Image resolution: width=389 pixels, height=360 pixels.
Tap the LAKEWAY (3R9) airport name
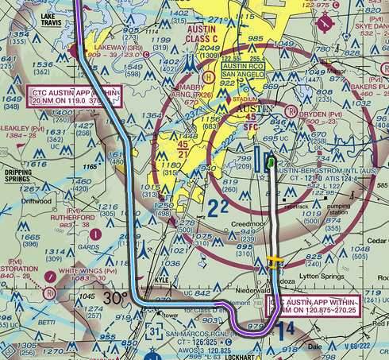coord(98,48)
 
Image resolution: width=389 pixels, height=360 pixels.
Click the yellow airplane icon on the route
coord(274,263)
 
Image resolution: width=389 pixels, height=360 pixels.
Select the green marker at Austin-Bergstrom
coord(272,162)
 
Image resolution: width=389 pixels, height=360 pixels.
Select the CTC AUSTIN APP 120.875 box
coord(315,308)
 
